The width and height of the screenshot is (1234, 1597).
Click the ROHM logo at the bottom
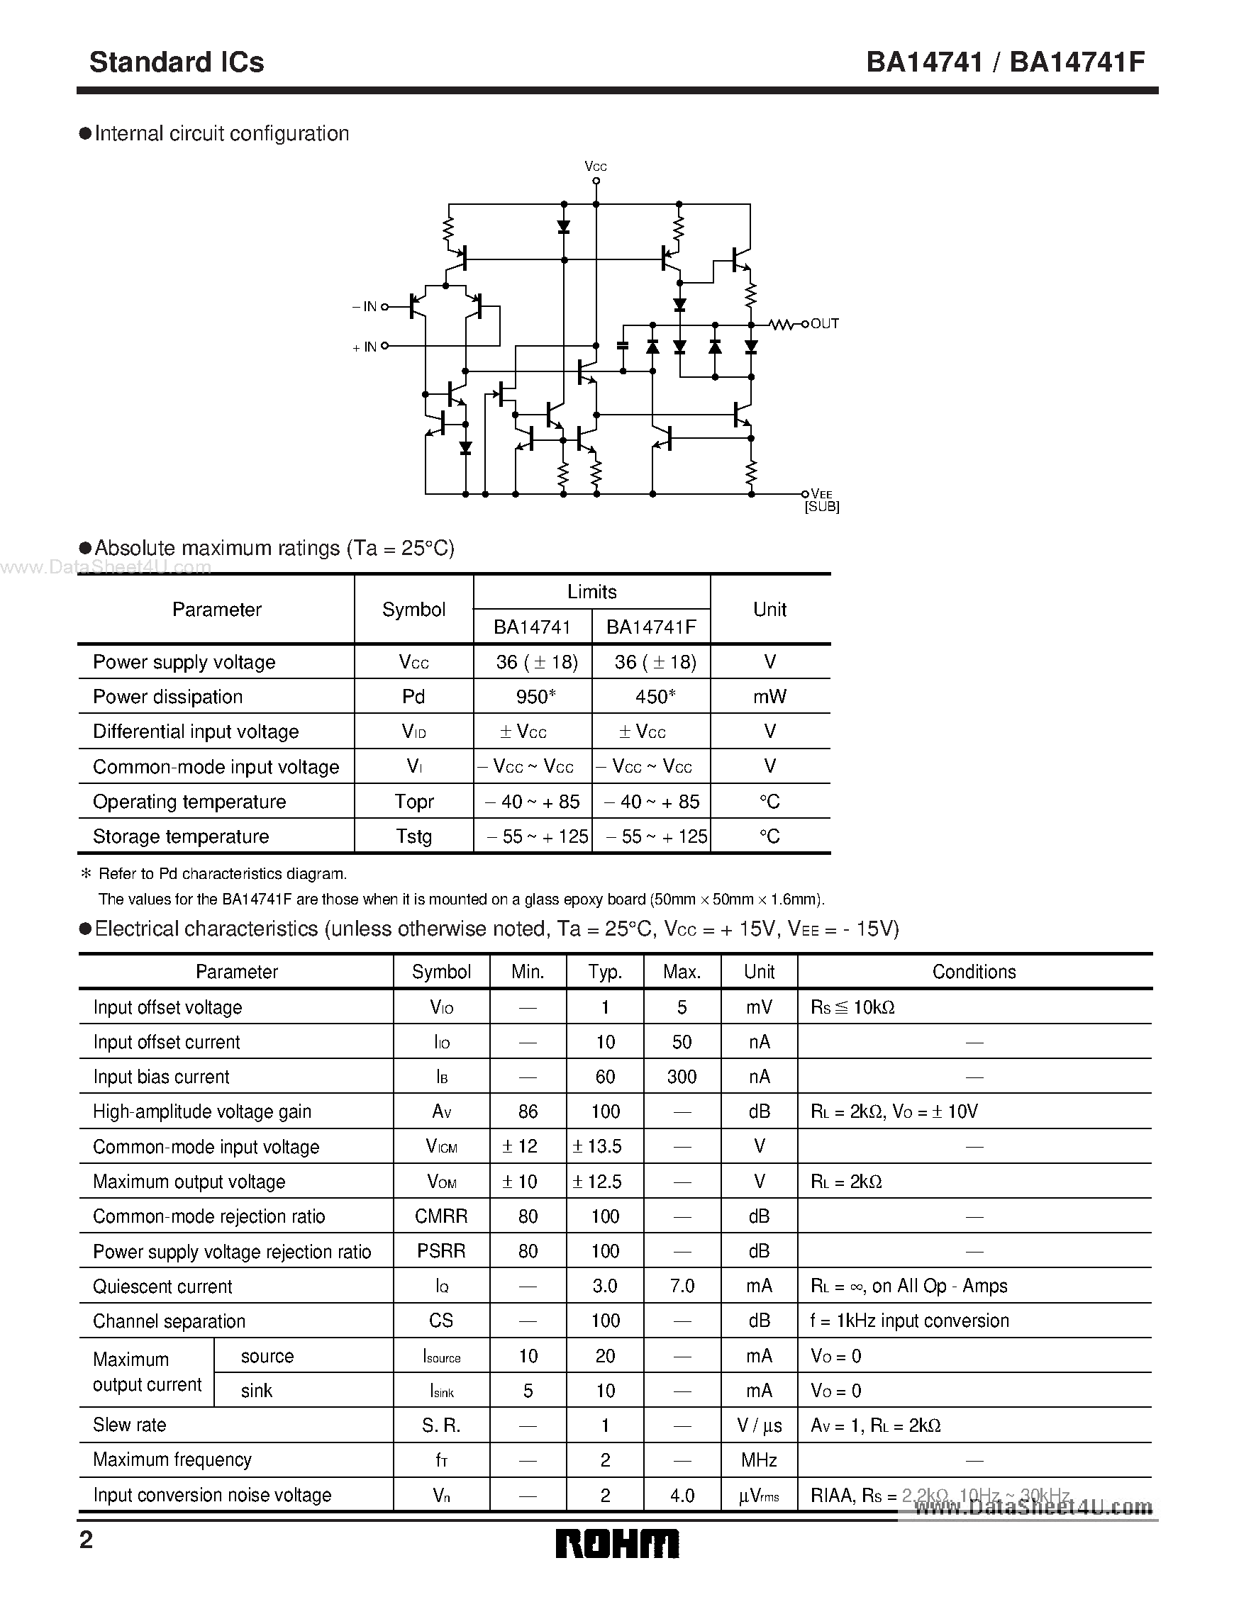(x=616, y=1544)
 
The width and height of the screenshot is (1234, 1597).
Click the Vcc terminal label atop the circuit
(x=596, y=167)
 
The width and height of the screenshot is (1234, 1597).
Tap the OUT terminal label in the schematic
(x=824, y=323)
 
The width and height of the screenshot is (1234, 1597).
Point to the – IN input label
(x=365, y=307)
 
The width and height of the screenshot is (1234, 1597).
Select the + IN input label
(x=365, y=347)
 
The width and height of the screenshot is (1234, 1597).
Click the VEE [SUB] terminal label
(x=821, y=501)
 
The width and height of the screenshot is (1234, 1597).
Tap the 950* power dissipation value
(x=535, y=697)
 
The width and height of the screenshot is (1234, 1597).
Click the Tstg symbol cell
(x=414, y=836)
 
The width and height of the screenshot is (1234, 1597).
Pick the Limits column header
(x=591, y=592)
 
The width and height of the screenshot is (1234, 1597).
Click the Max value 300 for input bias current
(x=682, y=1077)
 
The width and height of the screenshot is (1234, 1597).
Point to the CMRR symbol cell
(x=441, y=1217)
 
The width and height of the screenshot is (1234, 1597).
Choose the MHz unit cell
(x=759, y=1460)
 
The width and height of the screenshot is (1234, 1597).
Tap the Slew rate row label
(x=130, y=1425)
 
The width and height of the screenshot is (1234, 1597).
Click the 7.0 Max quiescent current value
(x=682, y=1287)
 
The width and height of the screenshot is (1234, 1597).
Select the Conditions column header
(x=974, y=972)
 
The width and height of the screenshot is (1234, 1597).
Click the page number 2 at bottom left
(x=87, y=1541)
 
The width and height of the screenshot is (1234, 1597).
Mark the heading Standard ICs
(x=177, y=62)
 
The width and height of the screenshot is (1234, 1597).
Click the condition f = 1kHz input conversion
(x=909, y=1321)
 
